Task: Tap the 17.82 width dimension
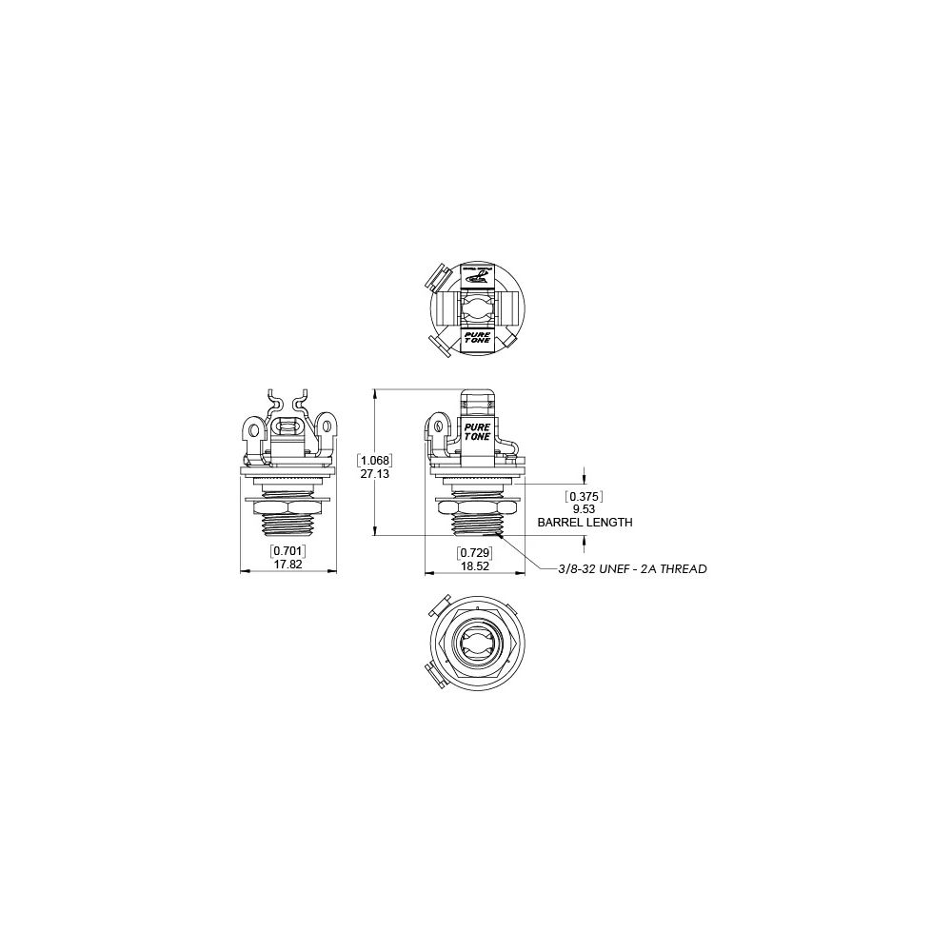pos(288,564)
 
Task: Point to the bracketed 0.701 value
pos(288,551)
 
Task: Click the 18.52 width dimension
pos(473,565)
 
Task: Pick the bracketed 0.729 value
pos(473,552)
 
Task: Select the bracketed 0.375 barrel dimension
pos(585,497)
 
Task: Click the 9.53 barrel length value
pos(585,509)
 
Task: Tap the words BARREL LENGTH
pos(585,523)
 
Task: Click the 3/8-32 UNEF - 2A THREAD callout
pos(632,569)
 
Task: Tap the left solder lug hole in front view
pos(253,430)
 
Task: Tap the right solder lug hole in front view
pos(323,430)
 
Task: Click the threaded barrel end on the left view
pos(288,526)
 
